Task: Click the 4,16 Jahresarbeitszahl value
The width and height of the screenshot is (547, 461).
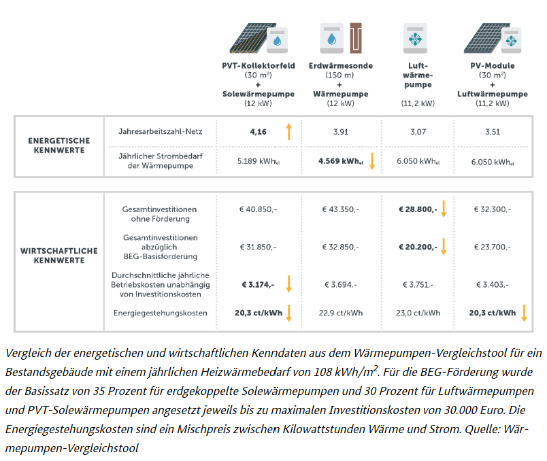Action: click(x=258, y=132)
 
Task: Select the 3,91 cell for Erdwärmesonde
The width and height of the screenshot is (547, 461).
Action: click(x=340, y=132)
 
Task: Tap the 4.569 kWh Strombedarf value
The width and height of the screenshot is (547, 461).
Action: click(x=340, y=161)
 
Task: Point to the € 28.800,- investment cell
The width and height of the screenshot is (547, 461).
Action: click(x=418, y=209)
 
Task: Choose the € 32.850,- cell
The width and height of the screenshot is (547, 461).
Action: click(x=340, y=247)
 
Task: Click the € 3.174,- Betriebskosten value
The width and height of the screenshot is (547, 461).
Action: click(x=258, y=284)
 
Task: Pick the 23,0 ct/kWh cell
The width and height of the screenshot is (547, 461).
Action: click(x=418, y=313)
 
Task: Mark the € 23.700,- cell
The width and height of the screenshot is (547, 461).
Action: click(x=492, y=247)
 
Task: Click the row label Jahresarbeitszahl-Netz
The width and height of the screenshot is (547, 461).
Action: click(x=160, y=131)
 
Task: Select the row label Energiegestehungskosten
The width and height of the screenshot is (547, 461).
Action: click(x=160, y=313)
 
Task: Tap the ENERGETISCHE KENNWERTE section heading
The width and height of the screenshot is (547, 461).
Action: click(x=59, y=146)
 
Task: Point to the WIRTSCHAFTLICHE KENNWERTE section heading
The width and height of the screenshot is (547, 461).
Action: click(x=59, y=256)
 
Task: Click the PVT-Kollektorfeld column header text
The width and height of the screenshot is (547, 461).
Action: click(x=259, y=65)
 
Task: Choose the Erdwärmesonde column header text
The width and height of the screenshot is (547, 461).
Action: click(x=340, y=65)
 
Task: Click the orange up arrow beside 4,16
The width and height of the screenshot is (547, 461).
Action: click(x=289, y=131)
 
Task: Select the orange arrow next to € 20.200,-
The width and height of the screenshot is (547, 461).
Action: click(x=444, y=246)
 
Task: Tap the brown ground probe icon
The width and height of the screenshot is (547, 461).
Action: click(x=356, y=38)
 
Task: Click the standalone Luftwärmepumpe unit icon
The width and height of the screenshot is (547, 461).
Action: click(x=415, y=38)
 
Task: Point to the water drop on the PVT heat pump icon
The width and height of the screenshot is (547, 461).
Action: click(x=278, y=41)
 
